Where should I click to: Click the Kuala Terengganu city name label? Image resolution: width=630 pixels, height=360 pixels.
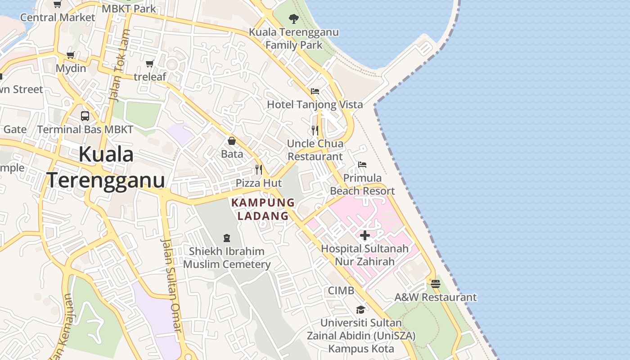coord(106,167)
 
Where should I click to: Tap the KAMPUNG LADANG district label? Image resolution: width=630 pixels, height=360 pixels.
coord(263,209)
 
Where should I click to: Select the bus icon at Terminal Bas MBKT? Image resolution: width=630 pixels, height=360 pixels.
coord(85,116)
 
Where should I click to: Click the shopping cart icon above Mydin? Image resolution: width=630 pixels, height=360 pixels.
coord(70,55)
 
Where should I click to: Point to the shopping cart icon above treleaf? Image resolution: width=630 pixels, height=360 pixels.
coord(150,63)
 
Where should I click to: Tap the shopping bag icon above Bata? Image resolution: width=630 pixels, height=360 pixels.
coord(232,141)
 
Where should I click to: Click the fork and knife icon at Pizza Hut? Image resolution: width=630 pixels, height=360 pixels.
coord(259,169)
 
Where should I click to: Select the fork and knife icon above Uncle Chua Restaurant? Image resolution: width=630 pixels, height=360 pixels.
coord(315,130)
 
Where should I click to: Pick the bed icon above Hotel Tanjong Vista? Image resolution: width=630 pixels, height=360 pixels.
coord(315,91)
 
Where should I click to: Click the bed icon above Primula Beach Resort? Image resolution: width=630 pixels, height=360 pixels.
coord(362,164)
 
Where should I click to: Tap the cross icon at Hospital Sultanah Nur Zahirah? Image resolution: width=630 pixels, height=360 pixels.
coord(365,235)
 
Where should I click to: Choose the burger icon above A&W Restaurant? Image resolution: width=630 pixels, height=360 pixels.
coord(435,284)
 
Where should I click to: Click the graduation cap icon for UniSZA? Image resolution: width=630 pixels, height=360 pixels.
coord(360,310)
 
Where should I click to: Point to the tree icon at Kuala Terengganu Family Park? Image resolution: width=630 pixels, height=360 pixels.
coord(294,18)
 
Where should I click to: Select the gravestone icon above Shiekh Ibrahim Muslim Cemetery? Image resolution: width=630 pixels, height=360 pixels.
coord(227,238)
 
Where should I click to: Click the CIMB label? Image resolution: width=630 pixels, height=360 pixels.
coord(341,291)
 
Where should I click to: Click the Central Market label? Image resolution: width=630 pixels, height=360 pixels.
coord(58,18)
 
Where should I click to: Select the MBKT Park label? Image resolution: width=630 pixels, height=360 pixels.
coord(129,8)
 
